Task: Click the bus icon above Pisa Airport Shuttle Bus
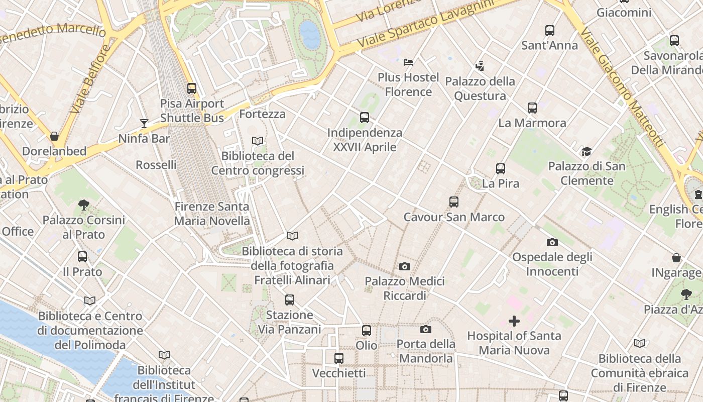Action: (x=191, y=88)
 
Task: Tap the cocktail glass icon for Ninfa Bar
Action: (x=144, y=123)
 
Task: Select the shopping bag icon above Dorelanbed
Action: (x=54, y=136)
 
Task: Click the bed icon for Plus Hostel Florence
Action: (x=408, y=62)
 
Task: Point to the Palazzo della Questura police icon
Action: (x=480, y=66)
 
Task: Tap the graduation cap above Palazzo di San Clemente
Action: (x=587, y=151)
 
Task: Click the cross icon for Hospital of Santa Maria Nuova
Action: (x=514, y=321)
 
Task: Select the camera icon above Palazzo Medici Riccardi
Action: (x=405, y=266)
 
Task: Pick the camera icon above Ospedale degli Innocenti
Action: (x=552, y=242)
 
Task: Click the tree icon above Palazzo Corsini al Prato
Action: (x=84, y=205)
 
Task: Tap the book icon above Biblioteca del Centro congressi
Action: (x=258, y=141)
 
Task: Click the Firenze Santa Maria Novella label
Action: (x=211, y=214)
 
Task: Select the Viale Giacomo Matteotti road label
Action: (x=623, y=88)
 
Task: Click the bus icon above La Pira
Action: (x=500, y=169)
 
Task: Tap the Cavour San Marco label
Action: (x=454, y=217)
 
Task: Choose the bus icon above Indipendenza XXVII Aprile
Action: (x=365, y=118)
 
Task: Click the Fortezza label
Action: (x=262, y=114)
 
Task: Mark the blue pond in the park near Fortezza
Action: (x=310, y=34)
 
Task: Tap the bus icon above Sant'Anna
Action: (x=550, y=31)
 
